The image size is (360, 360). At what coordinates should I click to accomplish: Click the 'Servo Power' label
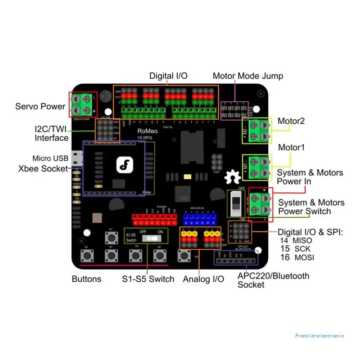40,107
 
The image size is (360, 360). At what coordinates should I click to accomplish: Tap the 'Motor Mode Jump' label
248,76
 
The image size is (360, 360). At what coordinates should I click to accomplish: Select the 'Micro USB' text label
50,158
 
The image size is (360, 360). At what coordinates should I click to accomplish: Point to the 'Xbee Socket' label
43,169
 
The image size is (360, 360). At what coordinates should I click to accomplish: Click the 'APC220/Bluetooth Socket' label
273,280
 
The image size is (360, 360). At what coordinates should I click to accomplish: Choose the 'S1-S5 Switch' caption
148,279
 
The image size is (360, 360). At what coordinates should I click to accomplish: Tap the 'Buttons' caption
86,279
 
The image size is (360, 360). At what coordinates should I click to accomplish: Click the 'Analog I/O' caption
203,279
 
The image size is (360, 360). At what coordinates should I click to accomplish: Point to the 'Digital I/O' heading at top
168,76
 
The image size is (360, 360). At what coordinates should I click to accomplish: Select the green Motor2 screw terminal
260,130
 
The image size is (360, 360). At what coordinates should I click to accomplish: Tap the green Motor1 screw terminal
260,166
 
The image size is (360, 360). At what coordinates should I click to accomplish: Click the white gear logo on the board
232,176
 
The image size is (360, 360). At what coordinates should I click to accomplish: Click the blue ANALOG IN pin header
199,220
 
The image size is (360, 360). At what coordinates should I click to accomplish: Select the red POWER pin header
154,220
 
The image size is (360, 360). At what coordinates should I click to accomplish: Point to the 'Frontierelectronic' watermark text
319,335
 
